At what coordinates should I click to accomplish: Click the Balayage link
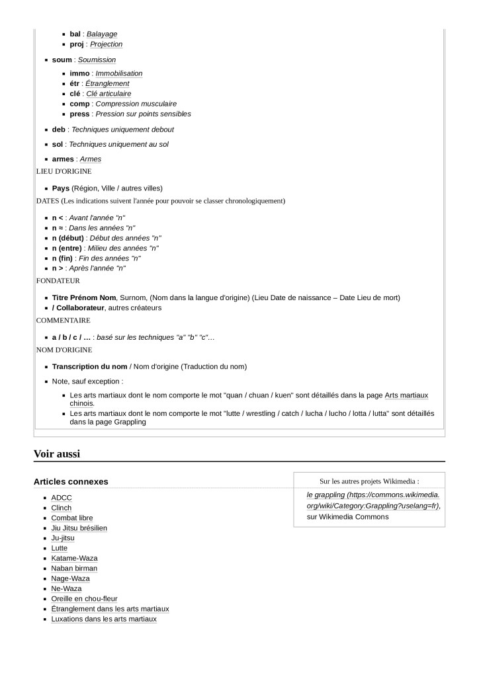pyautogui.click(x=102, y=34)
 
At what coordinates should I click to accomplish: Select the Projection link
pyautogui.click(x=106, y=44)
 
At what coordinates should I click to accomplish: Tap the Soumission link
pyautogui.click(x=97, y=60)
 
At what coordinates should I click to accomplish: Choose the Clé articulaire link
pyautogui.click(x=109, y=94)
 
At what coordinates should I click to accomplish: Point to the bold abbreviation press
pyautogui.click(x=79, y=114)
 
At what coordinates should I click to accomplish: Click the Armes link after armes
pyautogui.click(x=90, y=159)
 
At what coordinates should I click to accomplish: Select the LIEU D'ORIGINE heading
pyautogui.click(x=64, y=171)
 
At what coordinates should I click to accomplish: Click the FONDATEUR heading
pyautogui.click(x=58, y=280)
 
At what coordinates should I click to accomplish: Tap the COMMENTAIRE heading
pyautogui.click(x=63, y=320)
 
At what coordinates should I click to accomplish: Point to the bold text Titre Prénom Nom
pyautogui.click(x=84, y=298)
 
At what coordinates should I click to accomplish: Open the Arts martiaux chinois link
pyautogui.click(x=406, y=395)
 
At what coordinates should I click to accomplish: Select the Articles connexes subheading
pyautogui.click(x=71, y=481)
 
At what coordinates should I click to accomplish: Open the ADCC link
pyautogui.click(x=62, y=498)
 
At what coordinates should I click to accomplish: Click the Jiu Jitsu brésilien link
pyautogui.click(x=79, y=528)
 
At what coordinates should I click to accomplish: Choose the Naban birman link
pyautogui.click(x=74, y=569)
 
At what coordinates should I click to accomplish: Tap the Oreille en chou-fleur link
pyautogui.click(x=84, y=599)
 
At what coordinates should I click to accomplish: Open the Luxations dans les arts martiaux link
pyautogui.click(x=104, y=619)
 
